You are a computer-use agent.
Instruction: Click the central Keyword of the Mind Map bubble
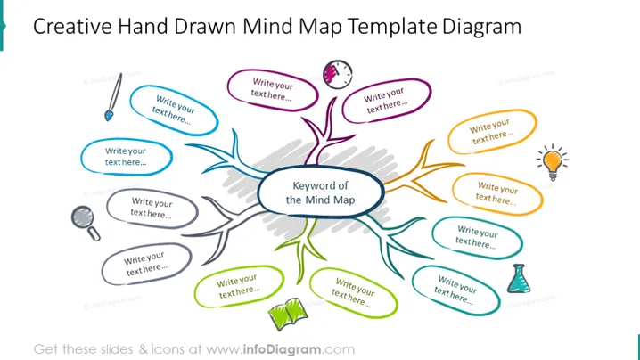320,192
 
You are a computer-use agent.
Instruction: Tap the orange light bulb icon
553,162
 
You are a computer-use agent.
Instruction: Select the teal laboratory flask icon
519,278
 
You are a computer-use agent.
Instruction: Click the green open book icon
288,314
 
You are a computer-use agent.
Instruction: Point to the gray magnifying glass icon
86,223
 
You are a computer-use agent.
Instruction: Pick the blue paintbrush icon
113,97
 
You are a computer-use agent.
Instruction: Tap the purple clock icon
338,74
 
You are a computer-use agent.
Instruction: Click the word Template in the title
392,27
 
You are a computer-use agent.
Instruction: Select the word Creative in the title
72,26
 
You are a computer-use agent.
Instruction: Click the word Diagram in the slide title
481,28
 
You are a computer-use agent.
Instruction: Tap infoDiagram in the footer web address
282,349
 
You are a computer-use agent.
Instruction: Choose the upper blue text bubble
174,110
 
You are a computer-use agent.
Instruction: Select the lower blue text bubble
127,157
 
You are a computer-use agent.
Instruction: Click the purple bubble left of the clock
273,90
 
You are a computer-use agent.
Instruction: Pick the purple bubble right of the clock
387,101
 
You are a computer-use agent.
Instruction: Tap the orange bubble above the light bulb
492,131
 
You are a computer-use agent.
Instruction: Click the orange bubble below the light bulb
497,194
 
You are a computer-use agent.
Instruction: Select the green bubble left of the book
239,287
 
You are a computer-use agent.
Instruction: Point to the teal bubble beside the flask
455,290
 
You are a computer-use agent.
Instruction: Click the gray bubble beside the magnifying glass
152,209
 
